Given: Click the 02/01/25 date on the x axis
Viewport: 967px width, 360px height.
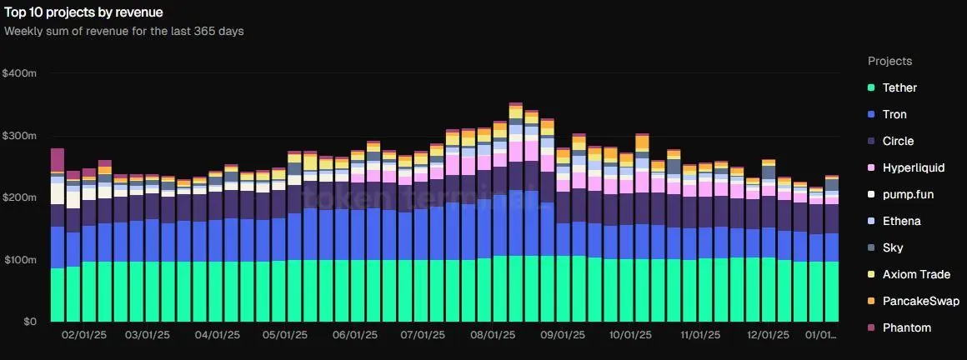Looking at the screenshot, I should pyautogui.click(x=84, y=335).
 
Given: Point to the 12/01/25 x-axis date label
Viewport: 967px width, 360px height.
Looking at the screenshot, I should pyautogui.click(x=768, y=335).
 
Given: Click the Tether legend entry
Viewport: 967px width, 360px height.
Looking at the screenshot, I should pyautogui.click(x=899, y=87).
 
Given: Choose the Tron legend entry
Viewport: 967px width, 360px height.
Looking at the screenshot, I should pyautogui.click(x=894, y=114).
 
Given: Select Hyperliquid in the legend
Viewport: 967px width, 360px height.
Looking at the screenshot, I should pyautogui.click(x=913, y=167).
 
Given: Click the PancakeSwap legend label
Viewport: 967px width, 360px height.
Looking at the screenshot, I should pyautogui.click(x=920, y=301).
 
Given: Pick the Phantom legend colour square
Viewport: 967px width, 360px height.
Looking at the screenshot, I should pyautogui.click(x=871, y=327).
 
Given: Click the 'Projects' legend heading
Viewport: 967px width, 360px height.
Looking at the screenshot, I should pyautogui.click(x=889, y=61).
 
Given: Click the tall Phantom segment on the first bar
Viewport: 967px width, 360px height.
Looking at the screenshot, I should pyautogui.click(x=58, y=159).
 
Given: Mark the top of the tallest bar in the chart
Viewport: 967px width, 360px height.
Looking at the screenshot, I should pyautogui.click(x=515, y=104).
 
